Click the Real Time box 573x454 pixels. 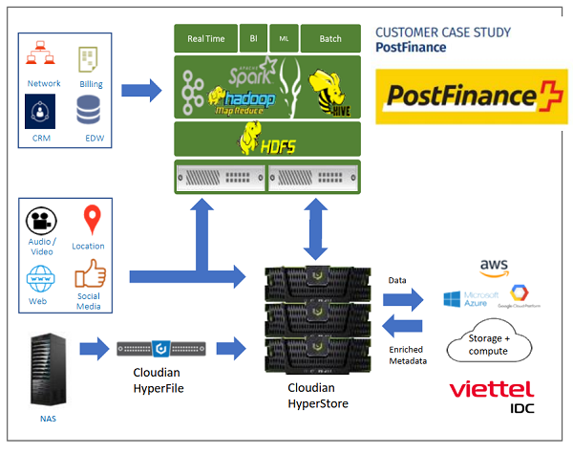tap(205, 39)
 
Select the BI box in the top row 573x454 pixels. tap(253, 38)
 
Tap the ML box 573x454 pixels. tap(284, 38)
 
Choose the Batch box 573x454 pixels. tap(330, 39)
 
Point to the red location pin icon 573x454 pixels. tap(92, 221)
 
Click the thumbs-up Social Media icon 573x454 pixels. tap(90, 276)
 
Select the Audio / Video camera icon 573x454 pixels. tap(39, 221)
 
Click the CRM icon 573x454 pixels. tap(39, 114)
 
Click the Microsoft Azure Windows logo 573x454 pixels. tap(453, 299)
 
